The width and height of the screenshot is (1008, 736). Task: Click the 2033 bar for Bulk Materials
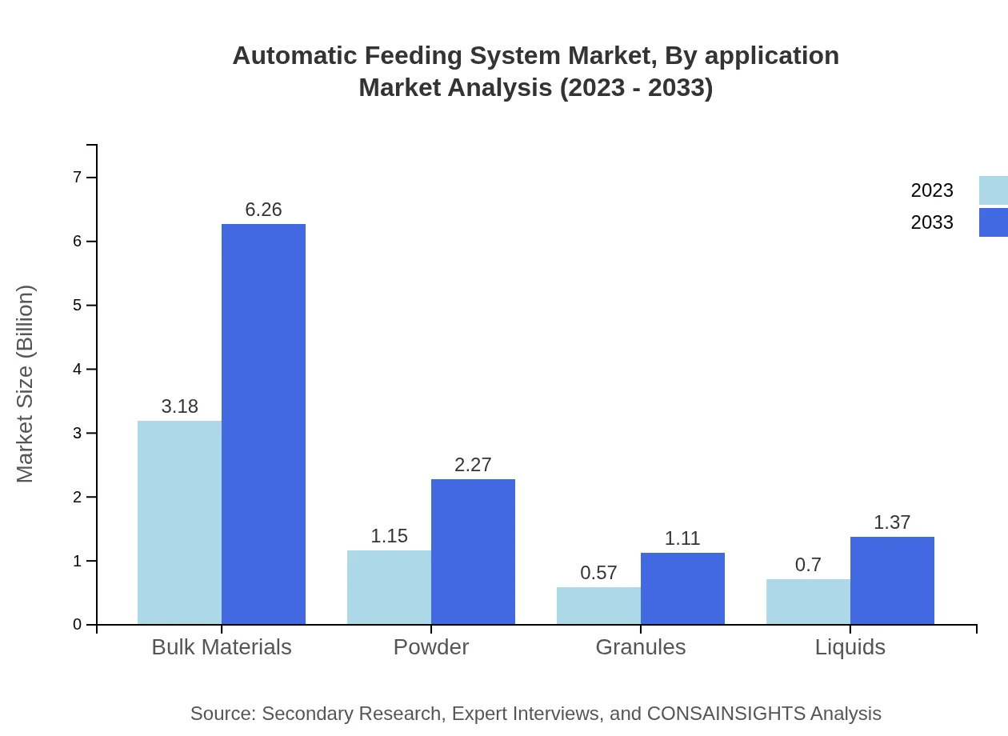[263, 424]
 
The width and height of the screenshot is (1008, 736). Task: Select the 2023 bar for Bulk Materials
[179, 522]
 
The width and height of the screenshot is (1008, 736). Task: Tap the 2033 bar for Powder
[473, 552]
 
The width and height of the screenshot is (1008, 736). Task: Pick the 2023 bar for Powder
[389, 587]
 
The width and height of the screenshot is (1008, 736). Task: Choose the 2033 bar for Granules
[682, 589]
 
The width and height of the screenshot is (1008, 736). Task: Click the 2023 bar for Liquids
[808, 602]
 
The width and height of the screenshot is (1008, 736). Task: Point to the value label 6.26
[263, 210]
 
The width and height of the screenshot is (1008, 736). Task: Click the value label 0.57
[598, 573]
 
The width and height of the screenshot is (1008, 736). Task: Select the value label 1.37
[892, 522]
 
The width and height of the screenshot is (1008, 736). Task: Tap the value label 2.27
[473, 465]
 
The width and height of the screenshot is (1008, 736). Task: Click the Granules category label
[641, 647]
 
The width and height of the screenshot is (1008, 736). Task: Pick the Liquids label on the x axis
[850, 647]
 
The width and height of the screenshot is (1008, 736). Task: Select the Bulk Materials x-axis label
[222, 647]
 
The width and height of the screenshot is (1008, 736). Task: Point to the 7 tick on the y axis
[78, 177]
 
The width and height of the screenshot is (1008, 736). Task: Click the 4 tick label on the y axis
[78, 369]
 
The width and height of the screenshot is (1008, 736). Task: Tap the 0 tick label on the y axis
[78, 625]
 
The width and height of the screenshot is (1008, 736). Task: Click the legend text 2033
[932, 222]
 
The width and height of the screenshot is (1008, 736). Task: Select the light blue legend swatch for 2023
[994, 190]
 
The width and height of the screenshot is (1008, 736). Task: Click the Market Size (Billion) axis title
[26, 384]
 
